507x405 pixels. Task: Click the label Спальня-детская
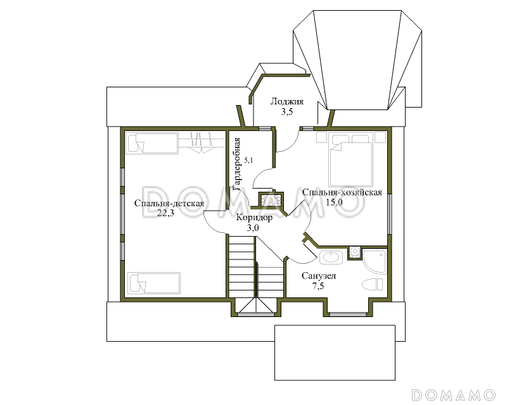pyautogui.click(x=169, y=204)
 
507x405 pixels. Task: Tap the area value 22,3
pyautogui.click(x=165, y=213)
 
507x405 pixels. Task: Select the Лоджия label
pyautogui.click(x=287, y=102)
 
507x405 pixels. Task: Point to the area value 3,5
pyautogui.click(x=286, y=112)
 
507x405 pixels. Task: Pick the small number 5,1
pyautogui.click(x=248, y=160)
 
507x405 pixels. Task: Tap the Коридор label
pyautogui.click(x=254, y=218)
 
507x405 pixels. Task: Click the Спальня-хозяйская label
pyautogui.click(x=342, y=192)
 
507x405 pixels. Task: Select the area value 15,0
pyautogui.click(x=334, y=202)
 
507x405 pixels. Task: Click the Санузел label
pyautogui.click(x=319, y=276)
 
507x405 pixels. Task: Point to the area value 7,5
pyautogui.click(x=318, y=286)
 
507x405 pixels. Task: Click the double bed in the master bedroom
pyautogui.click(x=350, y=160)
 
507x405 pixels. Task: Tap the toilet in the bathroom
pyautogui.click(x=372, y=285)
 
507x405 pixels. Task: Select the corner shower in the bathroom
pyautogui.click(x=374, y=261)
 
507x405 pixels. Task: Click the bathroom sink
pyautogui.click(x=330, y=258)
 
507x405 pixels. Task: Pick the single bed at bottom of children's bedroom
pyautogui.click(x=154, y=283)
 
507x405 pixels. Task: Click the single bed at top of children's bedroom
pyautogui.click(x=152, y=144)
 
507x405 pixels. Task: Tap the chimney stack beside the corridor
pyautogui.click(x=271, y=200)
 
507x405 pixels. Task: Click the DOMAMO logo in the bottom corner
pyautogui.click(x=454, y=394)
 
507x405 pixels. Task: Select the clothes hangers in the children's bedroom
pyautogui.click(x=202, y=143)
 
